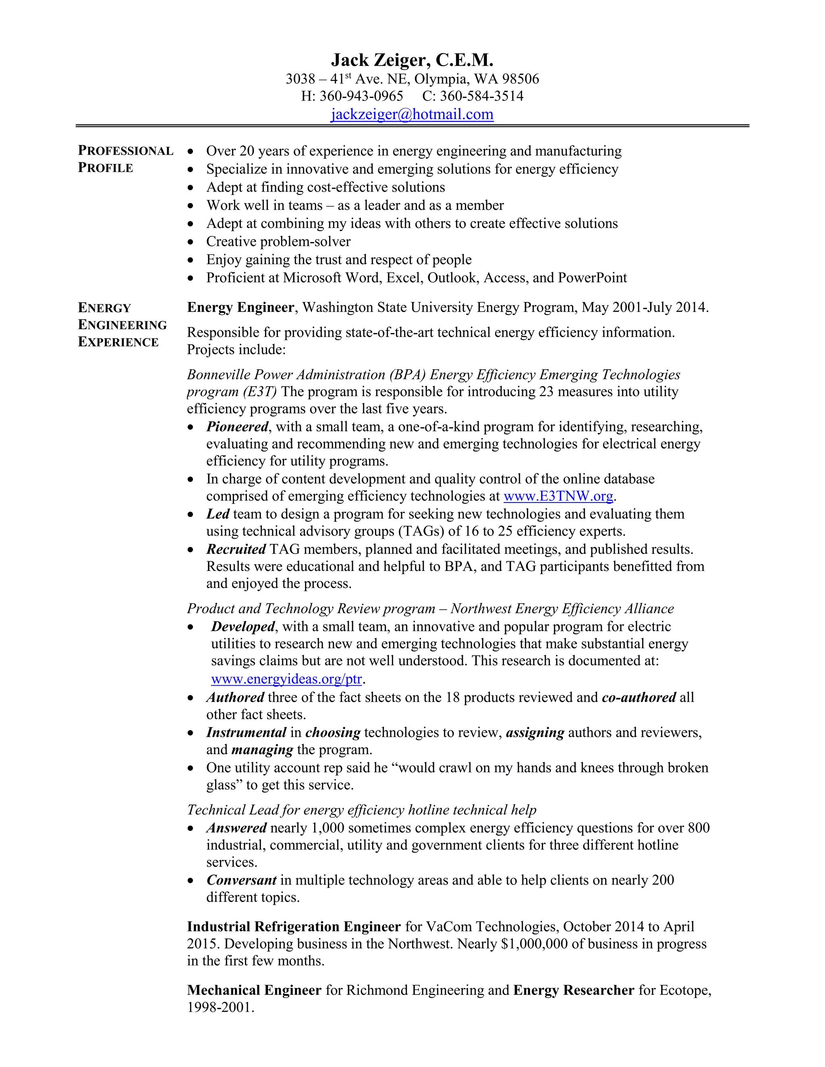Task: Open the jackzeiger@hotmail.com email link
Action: point(412,114)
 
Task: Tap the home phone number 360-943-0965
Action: point(361,96)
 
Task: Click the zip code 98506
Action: point(520,79)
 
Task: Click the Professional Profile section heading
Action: point(125,159)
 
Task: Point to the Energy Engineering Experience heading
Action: point(122,325)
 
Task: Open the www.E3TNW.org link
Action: point(558,496)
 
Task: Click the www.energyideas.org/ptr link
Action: point(286,679)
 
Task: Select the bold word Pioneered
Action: point(237,427)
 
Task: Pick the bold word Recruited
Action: point(236,549)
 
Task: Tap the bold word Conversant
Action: point(241,880)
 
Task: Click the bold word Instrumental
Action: point(246,732)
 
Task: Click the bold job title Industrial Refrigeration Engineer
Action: point(294,927)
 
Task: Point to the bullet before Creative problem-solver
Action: point(191,242)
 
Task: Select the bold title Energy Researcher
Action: point(573,990)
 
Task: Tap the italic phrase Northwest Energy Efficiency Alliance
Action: point(562,609)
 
